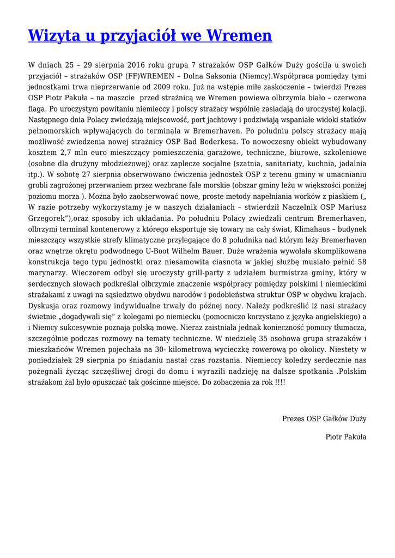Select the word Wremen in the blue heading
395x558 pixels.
pos(240,36)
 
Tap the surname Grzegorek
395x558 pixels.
pos(47,219)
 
